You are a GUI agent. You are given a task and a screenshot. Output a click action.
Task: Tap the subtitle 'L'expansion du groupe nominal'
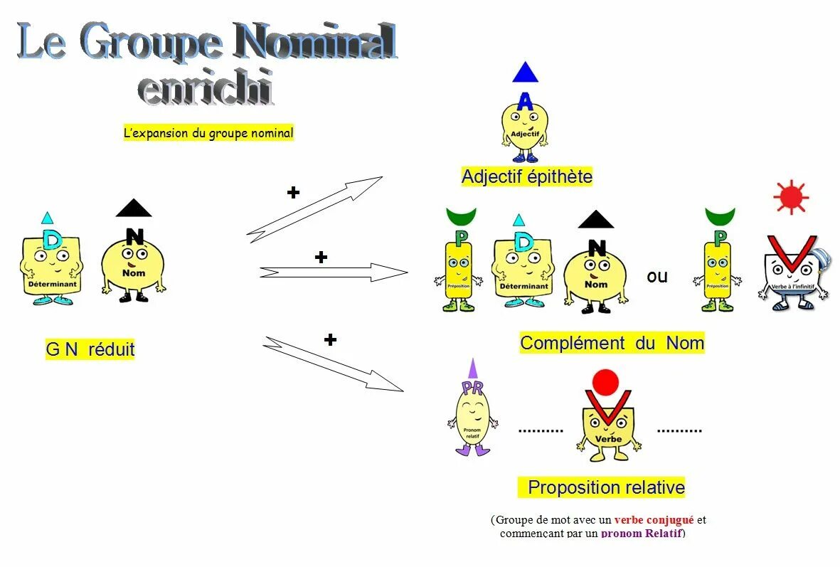tap(208, 133)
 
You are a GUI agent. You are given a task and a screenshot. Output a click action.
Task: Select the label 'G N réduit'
tap(90, 349)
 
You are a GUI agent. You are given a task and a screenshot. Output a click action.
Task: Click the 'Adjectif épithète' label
tap(526, 176)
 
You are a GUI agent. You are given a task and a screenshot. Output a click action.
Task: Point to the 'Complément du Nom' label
tap(612, 343)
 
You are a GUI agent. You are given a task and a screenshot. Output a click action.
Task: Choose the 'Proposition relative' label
tap(606, 487)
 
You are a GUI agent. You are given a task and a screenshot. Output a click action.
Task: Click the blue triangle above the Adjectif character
tap(525, 73)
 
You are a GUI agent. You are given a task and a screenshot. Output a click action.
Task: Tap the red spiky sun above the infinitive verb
tap(791, 197)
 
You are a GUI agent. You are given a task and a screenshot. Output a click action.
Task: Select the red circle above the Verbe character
tap(605, 382)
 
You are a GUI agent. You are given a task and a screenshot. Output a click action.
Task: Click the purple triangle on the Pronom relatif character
tap(472, 369)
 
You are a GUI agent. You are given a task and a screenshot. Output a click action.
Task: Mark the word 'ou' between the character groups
tap(657, 276)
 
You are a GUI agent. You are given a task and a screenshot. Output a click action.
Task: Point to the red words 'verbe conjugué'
tap(654, 520)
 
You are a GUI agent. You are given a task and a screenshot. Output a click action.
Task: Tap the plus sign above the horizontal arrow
tap(321, 257)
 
